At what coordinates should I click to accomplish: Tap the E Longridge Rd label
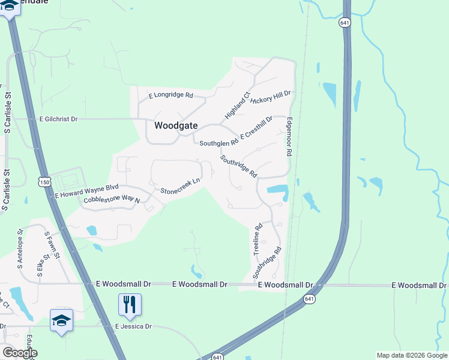click(170, 95)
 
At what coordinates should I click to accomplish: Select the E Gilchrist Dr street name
click(59, 119)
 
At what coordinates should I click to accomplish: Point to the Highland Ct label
click(237, 105)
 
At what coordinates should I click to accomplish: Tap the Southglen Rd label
click(219, 143)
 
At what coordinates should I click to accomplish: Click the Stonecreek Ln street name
click(179, 186)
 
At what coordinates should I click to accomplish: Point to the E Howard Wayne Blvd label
click(87, 191)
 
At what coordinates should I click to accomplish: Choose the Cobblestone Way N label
click(111, 200)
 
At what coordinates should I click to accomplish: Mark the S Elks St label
click(40, 264)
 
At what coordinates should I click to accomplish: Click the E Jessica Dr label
click(133, 326)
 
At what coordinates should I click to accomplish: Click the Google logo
click(19, 353)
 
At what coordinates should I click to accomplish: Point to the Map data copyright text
click(411, 355)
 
